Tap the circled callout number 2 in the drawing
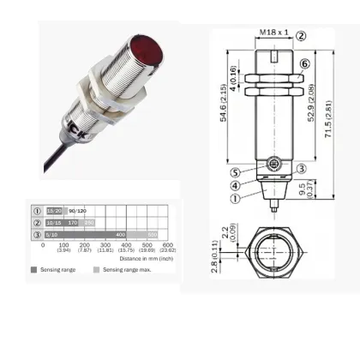tap(301, 36)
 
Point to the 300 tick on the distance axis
tap(107, 245)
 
